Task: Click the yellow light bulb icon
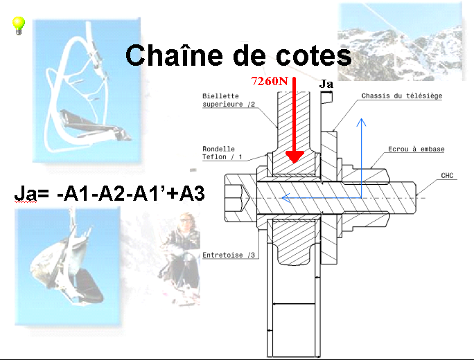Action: click(x=19, y=26)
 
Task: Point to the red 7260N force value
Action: click(x=269, y=81)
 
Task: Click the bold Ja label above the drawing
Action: click(x=327, y=84)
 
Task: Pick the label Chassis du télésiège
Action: click(x=402, y=96)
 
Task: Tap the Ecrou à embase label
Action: click(x=416, y=149)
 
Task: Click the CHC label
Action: click(x=448, y=176)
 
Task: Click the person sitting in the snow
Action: click(x=183, y=249)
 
